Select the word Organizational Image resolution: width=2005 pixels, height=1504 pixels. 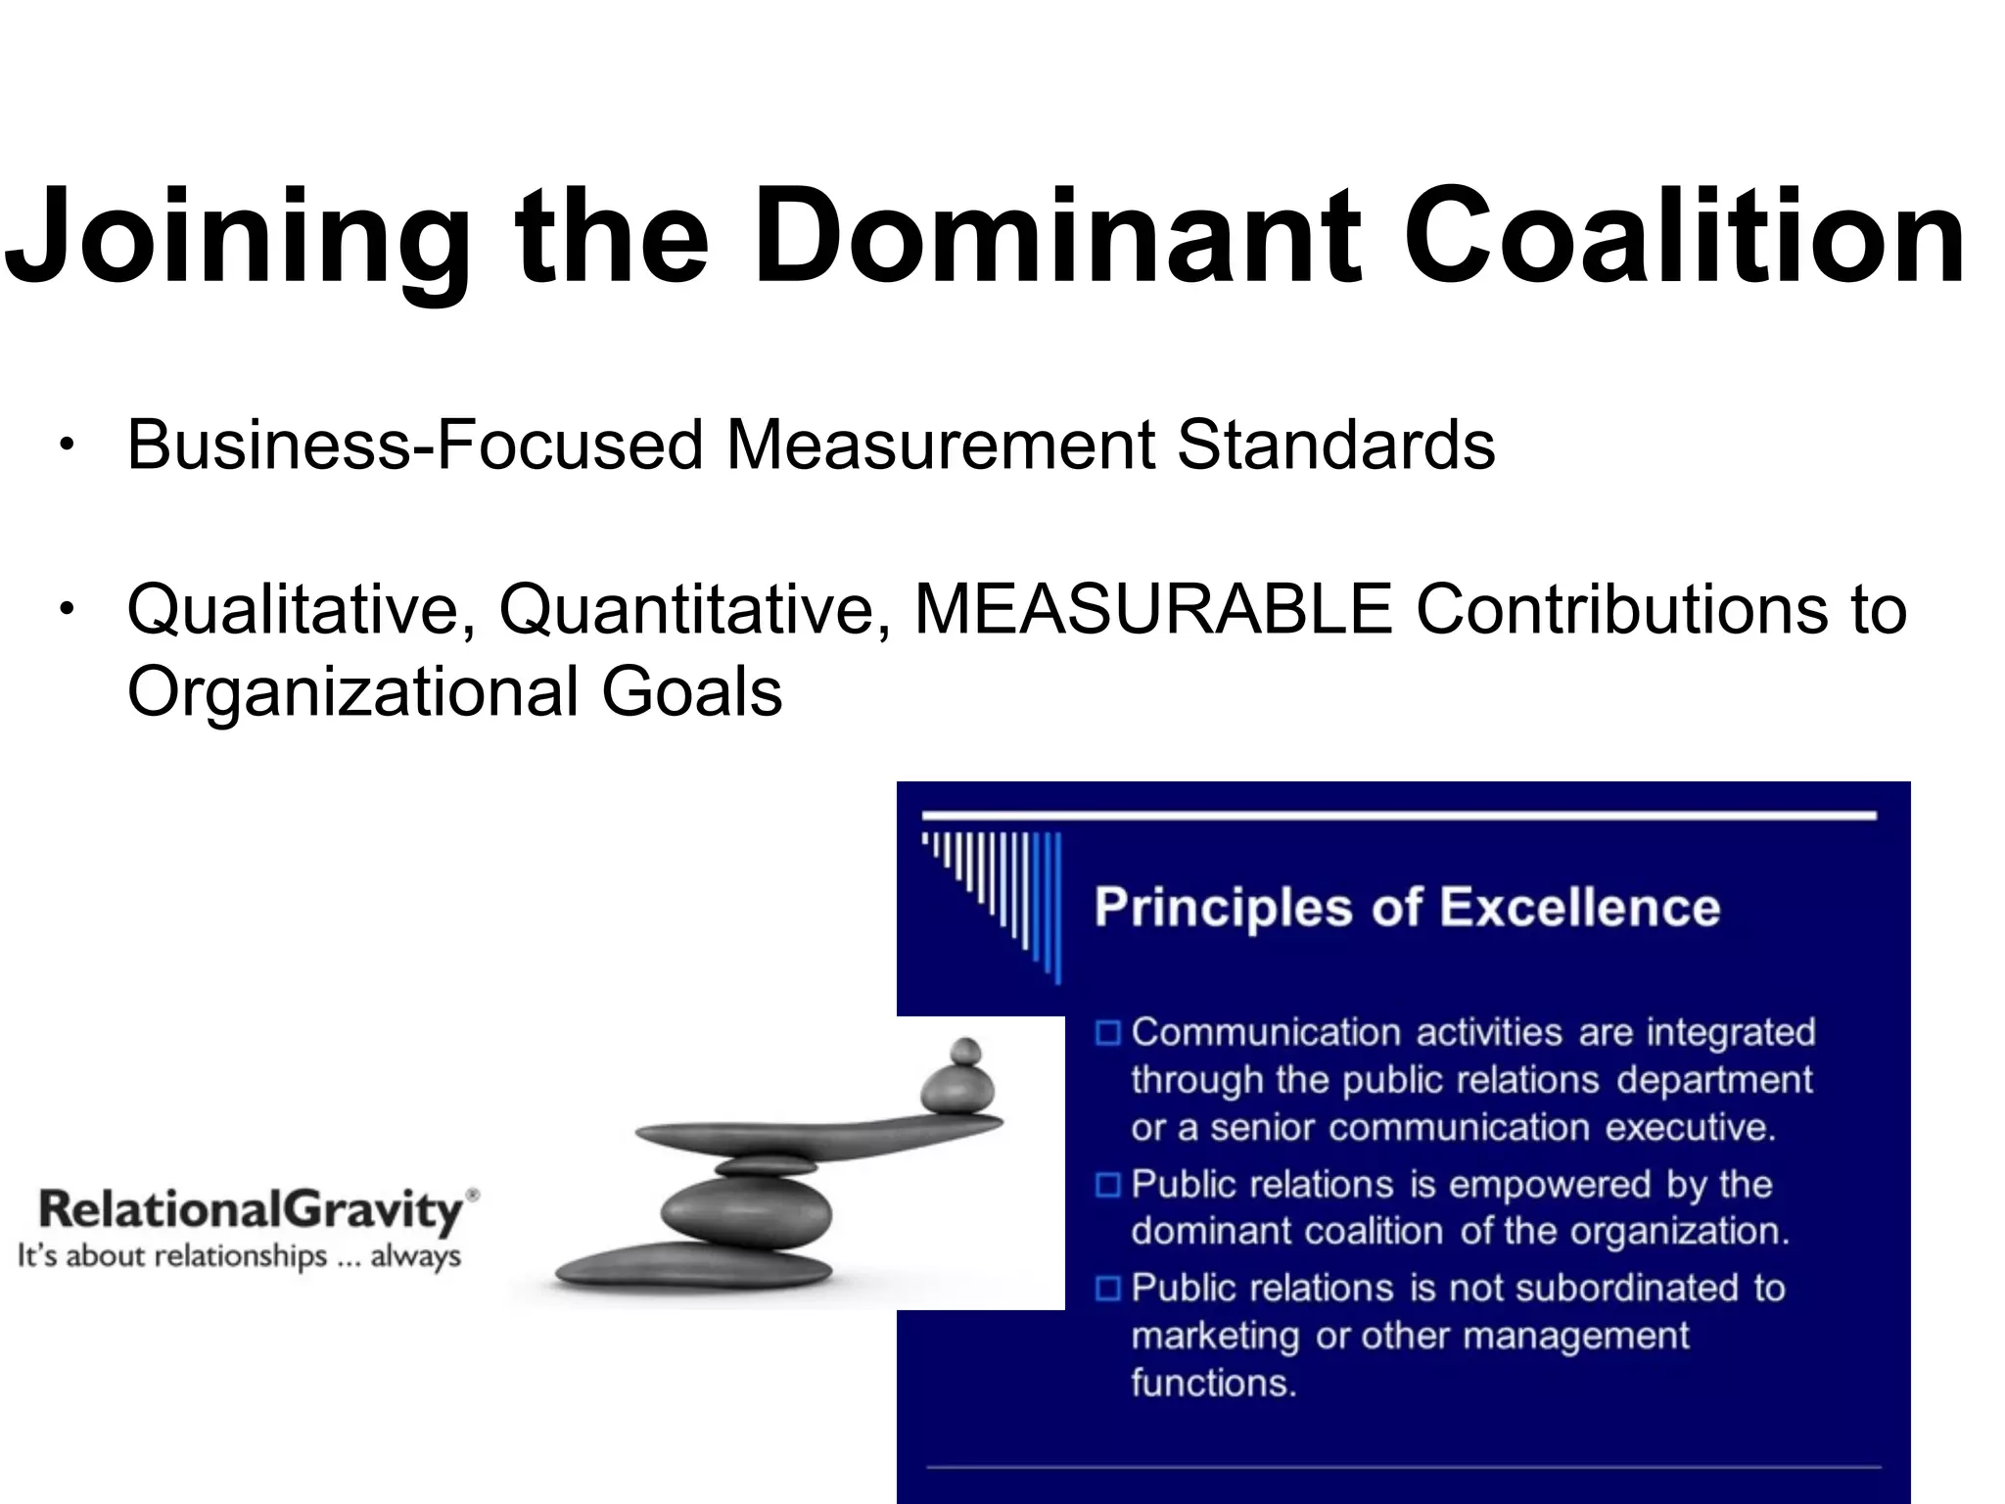coord(352,692)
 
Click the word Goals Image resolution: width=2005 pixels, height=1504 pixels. coord(691,692)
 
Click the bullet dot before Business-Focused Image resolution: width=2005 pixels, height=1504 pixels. coord(66,446)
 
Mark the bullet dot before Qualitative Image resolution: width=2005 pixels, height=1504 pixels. coord(66,611)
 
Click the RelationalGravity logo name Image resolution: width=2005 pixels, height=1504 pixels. coord(250,1212)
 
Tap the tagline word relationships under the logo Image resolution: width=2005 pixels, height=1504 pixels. coord(245,1256)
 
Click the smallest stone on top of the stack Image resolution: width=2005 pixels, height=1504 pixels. coord(965,1051)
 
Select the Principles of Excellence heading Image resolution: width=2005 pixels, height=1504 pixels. coord(1407,907)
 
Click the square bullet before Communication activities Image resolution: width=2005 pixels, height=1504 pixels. coord(1107,1033)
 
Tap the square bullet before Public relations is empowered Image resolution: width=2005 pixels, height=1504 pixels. coord(1107,1185)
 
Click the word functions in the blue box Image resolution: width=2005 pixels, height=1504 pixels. coord(1213,1383)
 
